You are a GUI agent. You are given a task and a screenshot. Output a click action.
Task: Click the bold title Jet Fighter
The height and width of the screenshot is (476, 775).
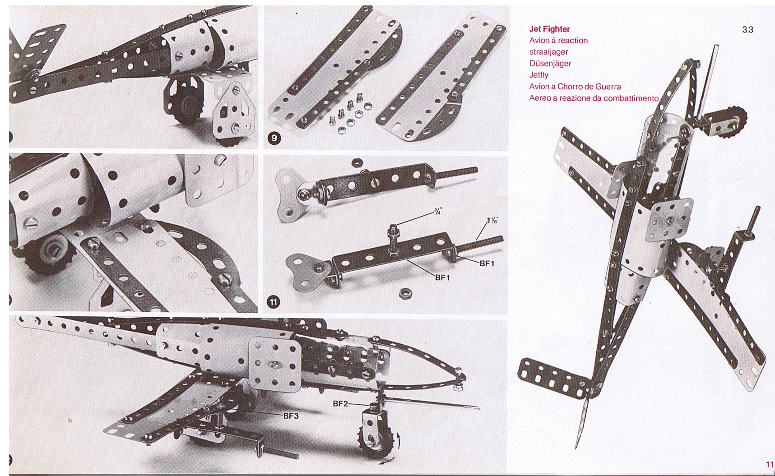tap(549, 29)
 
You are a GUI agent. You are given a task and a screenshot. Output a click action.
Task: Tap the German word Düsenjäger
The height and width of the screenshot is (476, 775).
tap(550, 63)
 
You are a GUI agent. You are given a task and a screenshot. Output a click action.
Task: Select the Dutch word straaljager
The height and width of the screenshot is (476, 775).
tap(548, 52)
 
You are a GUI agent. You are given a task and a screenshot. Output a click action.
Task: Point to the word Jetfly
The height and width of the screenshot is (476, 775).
tap(539, 75)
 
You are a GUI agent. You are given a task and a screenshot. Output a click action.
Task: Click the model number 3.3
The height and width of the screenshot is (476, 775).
tap(747, 30)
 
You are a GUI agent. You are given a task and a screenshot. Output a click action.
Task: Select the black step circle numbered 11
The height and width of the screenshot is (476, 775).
tap(274, 302)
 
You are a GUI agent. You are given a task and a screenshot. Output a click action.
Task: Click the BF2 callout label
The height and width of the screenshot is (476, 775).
tap(340, 404)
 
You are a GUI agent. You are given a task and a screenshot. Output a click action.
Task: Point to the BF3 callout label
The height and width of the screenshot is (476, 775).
tap(291, 416)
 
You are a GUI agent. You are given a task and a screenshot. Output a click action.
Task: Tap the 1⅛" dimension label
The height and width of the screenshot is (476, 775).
tap(492, 221)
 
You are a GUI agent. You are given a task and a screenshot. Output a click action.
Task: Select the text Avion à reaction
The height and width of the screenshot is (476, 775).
tap(559, 41)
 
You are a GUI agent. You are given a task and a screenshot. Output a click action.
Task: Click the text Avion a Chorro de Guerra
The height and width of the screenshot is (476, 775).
tap(575, 86)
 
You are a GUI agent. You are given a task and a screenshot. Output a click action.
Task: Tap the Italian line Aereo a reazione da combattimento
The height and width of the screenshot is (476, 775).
tap(594, 98)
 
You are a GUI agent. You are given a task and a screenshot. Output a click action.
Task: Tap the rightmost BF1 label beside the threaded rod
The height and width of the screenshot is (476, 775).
tap(487, 263)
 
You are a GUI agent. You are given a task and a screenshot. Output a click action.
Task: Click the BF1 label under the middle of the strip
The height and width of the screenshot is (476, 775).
tap(443, 277)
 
